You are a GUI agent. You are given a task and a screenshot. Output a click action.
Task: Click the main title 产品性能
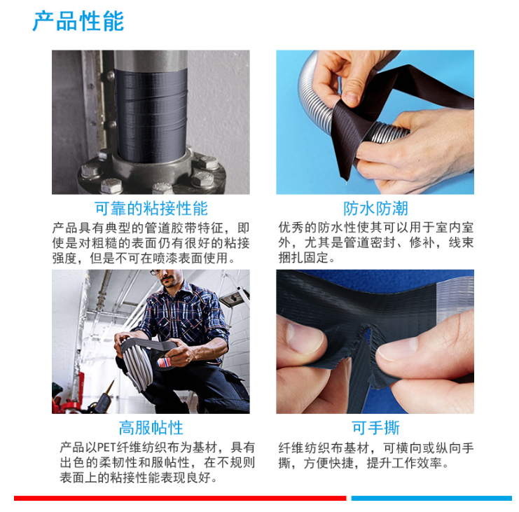click(78, 21)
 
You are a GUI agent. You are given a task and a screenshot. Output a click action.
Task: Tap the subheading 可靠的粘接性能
click(151, 209)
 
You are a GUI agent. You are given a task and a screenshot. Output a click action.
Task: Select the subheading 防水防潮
click(375, 209)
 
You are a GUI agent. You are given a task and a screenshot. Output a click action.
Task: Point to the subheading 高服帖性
click(151, 428)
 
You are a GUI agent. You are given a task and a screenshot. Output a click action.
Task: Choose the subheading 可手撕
click(375, 428)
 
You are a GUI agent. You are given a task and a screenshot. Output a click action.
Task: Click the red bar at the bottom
click(180, 498)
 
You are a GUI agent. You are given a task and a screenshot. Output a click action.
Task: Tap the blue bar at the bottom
click(431, 498)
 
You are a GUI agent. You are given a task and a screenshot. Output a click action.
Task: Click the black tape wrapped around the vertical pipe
click(151, 115)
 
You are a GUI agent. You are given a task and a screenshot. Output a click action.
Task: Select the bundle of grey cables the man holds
click(137, 364)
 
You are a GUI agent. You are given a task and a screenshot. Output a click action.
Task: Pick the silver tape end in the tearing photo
click(455, 298)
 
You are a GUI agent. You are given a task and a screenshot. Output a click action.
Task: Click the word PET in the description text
click(106, 447)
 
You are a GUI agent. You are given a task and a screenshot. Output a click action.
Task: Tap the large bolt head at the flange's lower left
click(111, 186)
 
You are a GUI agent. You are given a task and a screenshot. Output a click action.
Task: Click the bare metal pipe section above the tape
click(151, 60)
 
